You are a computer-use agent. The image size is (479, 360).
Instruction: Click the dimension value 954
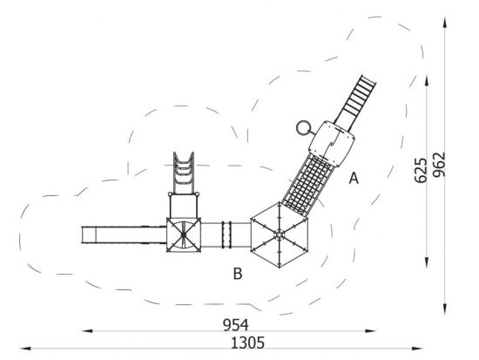235,325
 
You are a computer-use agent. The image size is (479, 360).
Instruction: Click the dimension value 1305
247,343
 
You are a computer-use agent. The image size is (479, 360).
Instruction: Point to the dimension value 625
421,170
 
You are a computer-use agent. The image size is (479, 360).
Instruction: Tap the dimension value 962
439,165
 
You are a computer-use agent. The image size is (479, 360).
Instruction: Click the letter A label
354,179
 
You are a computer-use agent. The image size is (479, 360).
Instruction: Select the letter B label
238,274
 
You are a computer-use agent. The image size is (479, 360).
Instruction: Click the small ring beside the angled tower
303,128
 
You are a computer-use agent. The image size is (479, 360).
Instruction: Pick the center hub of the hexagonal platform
279,234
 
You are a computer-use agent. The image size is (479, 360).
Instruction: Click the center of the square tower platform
184,234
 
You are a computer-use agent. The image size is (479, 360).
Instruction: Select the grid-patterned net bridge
307,186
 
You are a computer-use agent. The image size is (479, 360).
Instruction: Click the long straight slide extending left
124,234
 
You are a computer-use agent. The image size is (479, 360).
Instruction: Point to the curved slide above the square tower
184,173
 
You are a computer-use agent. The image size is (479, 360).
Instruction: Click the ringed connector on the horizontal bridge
226,234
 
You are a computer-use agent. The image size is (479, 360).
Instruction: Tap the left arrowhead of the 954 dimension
87,331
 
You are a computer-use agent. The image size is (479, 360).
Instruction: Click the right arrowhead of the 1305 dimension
417,349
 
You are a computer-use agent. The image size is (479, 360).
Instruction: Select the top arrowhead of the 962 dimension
445,23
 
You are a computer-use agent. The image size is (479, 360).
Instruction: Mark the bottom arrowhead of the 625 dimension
427,262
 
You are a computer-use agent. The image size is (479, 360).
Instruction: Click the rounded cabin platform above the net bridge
332,144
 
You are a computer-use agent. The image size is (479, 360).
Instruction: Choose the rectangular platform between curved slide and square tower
184,206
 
